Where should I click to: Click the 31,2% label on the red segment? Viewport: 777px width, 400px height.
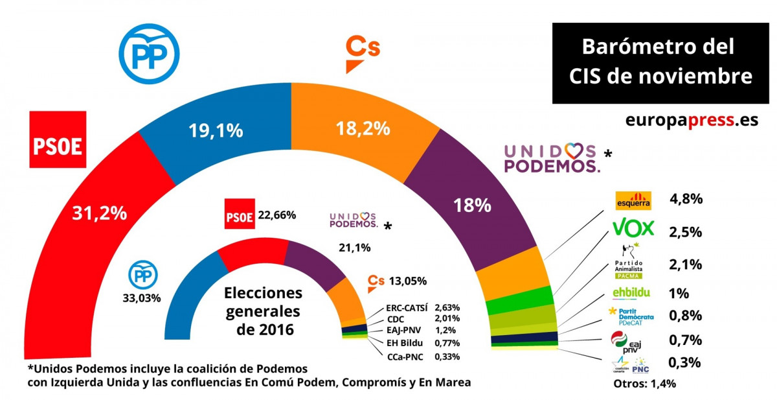(100, 213)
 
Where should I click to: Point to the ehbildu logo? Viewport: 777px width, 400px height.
(631, 292)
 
